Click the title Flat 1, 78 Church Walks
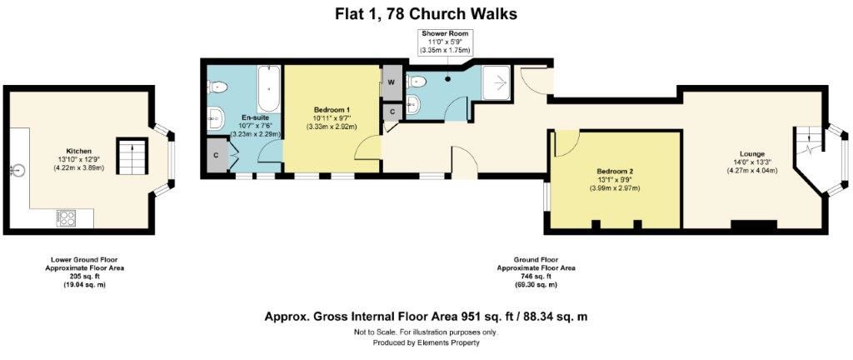tap(426, 13)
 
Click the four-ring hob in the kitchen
tap(66, 218)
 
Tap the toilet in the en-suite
tap(218, 85)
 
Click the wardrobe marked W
tap(391, 83)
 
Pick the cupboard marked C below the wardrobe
tap(391, 110)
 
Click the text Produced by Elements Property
tap(426, 342)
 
